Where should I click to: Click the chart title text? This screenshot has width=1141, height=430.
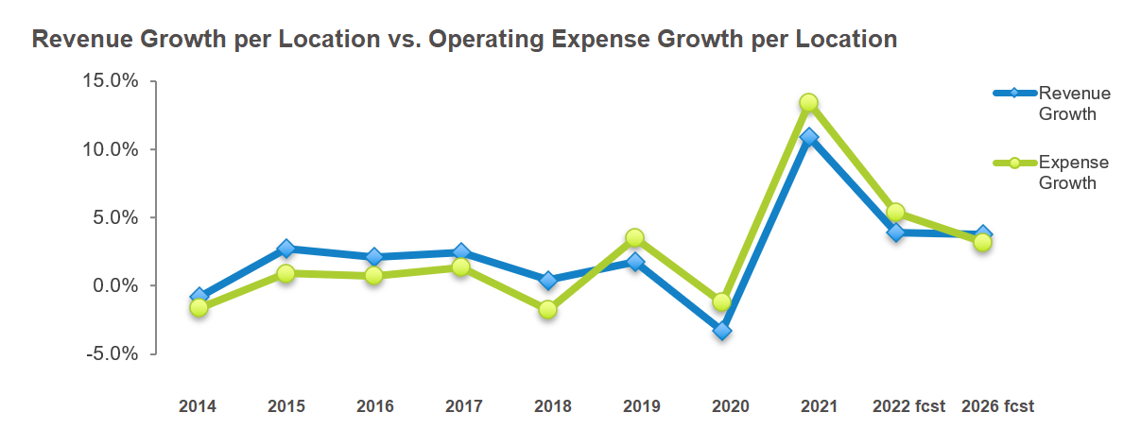(464, 40)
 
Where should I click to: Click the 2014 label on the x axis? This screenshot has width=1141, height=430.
(198, 406)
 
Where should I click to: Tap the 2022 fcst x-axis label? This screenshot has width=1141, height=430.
(908, 406)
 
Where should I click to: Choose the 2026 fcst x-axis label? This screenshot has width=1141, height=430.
(997, 406)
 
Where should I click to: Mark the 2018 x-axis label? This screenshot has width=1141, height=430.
(553, 406)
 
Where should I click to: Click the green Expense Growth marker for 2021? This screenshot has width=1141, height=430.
(808, 102)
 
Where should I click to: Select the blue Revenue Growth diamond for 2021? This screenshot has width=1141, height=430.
(808, 137)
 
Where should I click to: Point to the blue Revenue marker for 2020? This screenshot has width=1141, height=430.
(722, 331)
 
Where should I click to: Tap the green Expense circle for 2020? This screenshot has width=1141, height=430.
(722, 302)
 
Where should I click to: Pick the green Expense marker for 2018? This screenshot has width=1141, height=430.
(547, 309)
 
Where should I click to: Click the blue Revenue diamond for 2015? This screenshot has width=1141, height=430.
(285, 249)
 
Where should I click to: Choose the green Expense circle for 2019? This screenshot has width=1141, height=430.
(635, 237)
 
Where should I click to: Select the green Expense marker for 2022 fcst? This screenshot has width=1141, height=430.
(896, 213)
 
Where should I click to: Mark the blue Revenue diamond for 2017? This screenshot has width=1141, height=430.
(460, 252)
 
